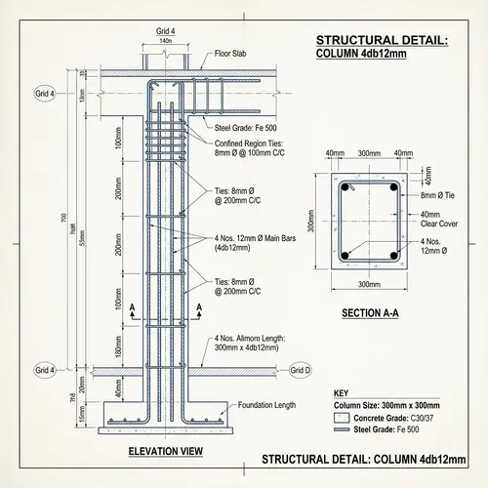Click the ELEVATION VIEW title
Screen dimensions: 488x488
click(165, 450)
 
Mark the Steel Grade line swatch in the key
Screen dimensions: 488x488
click(342, 429)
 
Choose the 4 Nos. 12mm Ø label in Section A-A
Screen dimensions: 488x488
click(435, 246)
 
